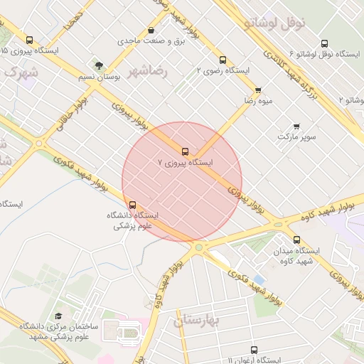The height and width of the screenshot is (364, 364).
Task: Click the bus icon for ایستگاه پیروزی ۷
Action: pos(186,151)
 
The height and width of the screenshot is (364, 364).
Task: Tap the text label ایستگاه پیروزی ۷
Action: pos(186,163)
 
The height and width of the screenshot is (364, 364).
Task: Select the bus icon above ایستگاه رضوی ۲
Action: pos(223,60)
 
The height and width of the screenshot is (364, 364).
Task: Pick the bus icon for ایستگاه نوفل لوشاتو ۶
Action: pos(324,43)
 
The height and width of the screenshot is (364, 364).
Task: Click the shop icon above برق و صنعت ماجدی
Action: pos(151,31)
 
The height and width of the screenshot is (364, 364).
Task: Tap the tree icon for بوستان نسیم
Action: pos(99,65)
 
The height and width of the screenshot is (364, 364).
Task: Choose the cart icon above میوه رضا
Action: pos(257,90)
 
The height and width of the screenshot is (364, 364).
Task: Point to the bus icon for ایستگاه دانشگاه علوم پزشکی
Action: pos(132,205)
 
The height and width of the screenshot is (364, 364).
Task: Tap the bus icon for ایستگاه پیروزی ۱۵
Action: pos(29,41)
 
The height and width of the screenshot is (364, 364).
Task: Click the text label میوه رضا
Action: pos(259,102)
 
